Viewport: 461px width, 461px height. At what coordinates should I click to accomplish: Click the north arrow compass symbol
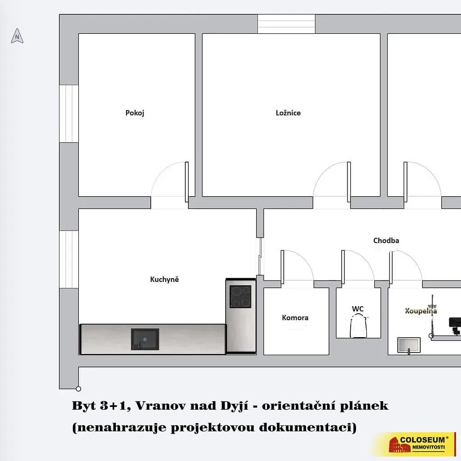[17, 36]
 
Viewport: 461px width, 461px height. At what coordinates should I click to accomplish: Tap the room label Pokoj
[135, 113]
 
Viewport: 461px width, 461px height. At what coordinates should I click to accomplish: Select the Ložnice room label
[288, 113]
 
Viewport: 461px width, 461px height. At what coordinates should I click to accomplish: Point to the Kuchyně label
[164, 279]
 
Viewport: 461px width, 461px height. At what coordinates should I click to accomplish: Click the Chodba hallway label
[386, 240]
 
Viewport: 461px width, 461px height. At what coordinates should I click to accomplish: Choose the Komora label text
[295, 317]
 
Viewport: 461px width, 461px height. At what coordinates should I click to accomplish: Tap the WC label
[358, 309]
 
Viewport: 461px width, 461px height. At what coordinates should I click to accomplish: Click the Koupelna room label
[421, 311]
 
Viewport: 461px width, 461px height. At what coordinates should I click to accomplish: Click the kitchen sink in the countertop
[145, 339]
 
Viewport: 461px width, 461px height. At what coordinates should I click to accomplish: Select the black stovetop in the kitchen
[240, 297]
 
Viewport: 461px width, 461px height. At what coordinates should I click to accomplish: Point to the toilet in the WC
[359, 326]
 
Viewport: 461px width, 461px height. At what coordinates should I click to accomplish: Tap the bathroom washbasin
[409, 345]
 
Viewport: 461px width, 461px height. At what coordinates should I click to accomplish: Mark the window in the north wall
[286, 24]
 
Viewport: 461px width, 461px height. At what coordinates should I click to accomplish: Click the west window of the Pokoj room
[69, 114]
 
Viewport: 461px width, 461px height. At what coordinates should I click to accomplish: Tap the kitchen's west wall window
[69, 259]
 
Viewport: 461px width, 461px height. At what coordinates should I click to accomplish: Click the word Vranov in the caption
[160, 406]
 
